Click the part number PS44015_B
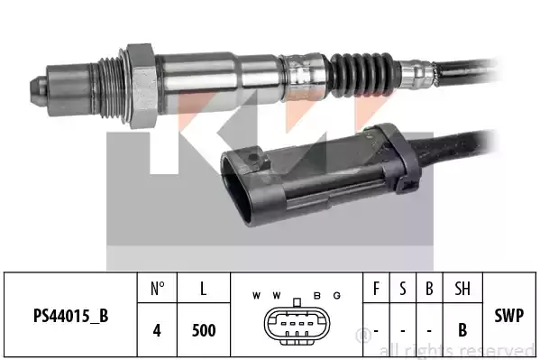pos(71,316)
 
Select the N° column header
pos(158,289)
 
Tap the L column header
pos(204,289)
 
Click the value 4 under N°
pos(157,330)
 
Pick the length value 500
pos(204,330)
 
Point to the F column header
pos(376,289)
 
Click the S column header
pos(403,289)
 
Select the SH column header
pos(462,289)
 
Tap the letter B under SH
pos(462,330)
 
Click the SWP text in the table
pos(509,316)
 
